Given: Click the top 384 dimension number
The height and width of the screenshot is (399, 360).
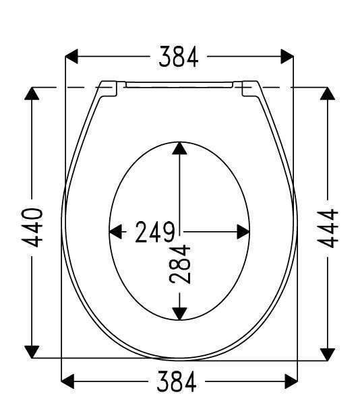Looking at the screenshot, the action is (x=178, y=57).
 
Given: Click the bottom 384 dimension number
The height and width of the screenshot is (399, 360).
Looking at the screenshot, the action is (x=177, y=381).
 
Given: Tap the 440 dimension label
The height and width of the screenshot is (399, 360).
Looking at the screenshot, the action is (x=32, y=228).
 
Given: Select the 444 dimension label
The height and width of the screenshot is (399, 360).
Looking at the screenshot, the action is (x=328, y=228).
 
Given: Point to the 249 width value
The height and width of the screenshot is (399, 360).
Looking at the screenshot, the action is (x=155, y=232).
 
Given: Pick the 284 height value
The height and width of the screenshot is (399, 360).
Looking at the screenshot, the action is (x=179, y=264).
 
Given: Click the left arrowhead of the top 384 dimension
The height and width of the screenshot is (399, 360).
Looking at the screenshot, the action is (x=71, y=57).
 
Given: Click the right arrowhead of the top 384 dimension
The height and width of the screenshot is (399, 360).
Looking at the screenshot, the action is (x=287, y=57).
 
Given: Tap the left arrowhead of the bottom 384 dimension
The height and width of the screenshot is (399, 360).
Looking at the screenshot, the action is (x=67, y=381).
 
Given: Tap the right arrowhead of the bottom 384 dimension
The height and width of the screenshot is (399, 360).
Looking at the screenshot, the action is (x=291, y=381).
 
